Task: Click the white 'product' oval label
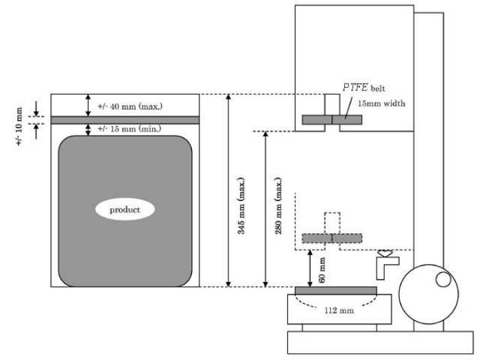pyautogui.click(x=125, y=209)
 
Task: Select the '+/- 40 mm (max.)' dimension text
pyautogui.click(x=130, y=106)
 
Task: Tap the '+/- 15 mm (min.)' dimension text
pyautogui.click(x=130, y=129)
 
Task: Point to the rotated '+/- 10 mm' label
pyautogui.click(x=19, y=126)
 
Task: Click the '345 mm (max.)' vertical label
pyautogui.click(x=242, y=206)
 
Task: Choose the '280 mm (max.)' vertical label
pyautogui.click(x=278, y=206)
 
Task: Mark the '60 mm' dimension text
pyautogui.click(x=322, y=270)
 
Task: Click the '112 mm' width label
pyautogui.click(x=339, y=311)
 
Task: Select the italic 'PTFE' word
pyautogui.click(x=355, y=88)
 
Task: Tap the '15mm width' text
pyautogui.click(x=382, y=104)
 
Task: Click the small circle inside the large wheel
pyautogui.click(x=443, y=280)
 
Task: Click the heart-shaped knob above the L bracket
pyautogui.click(x=385, y=253)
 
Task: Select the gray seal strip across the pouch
pyautogui.click(x=125, y=120)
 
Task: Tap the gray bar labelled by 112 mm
pyautogui.click(x=336, y=291)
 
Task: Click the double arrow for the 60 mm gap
pyautogui.click(x=310, y=269)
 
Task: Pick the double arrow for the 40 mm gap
pyautogui.click(x=88, y=106)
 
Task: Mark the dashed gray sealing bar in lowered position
pyautogui.click(x=332, y=238)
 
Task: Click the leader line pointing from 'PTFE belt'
pyautogui.click(x=348, y=108)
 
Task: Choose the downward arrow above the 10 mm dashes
pyautogui.click(x=36, y=108)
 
